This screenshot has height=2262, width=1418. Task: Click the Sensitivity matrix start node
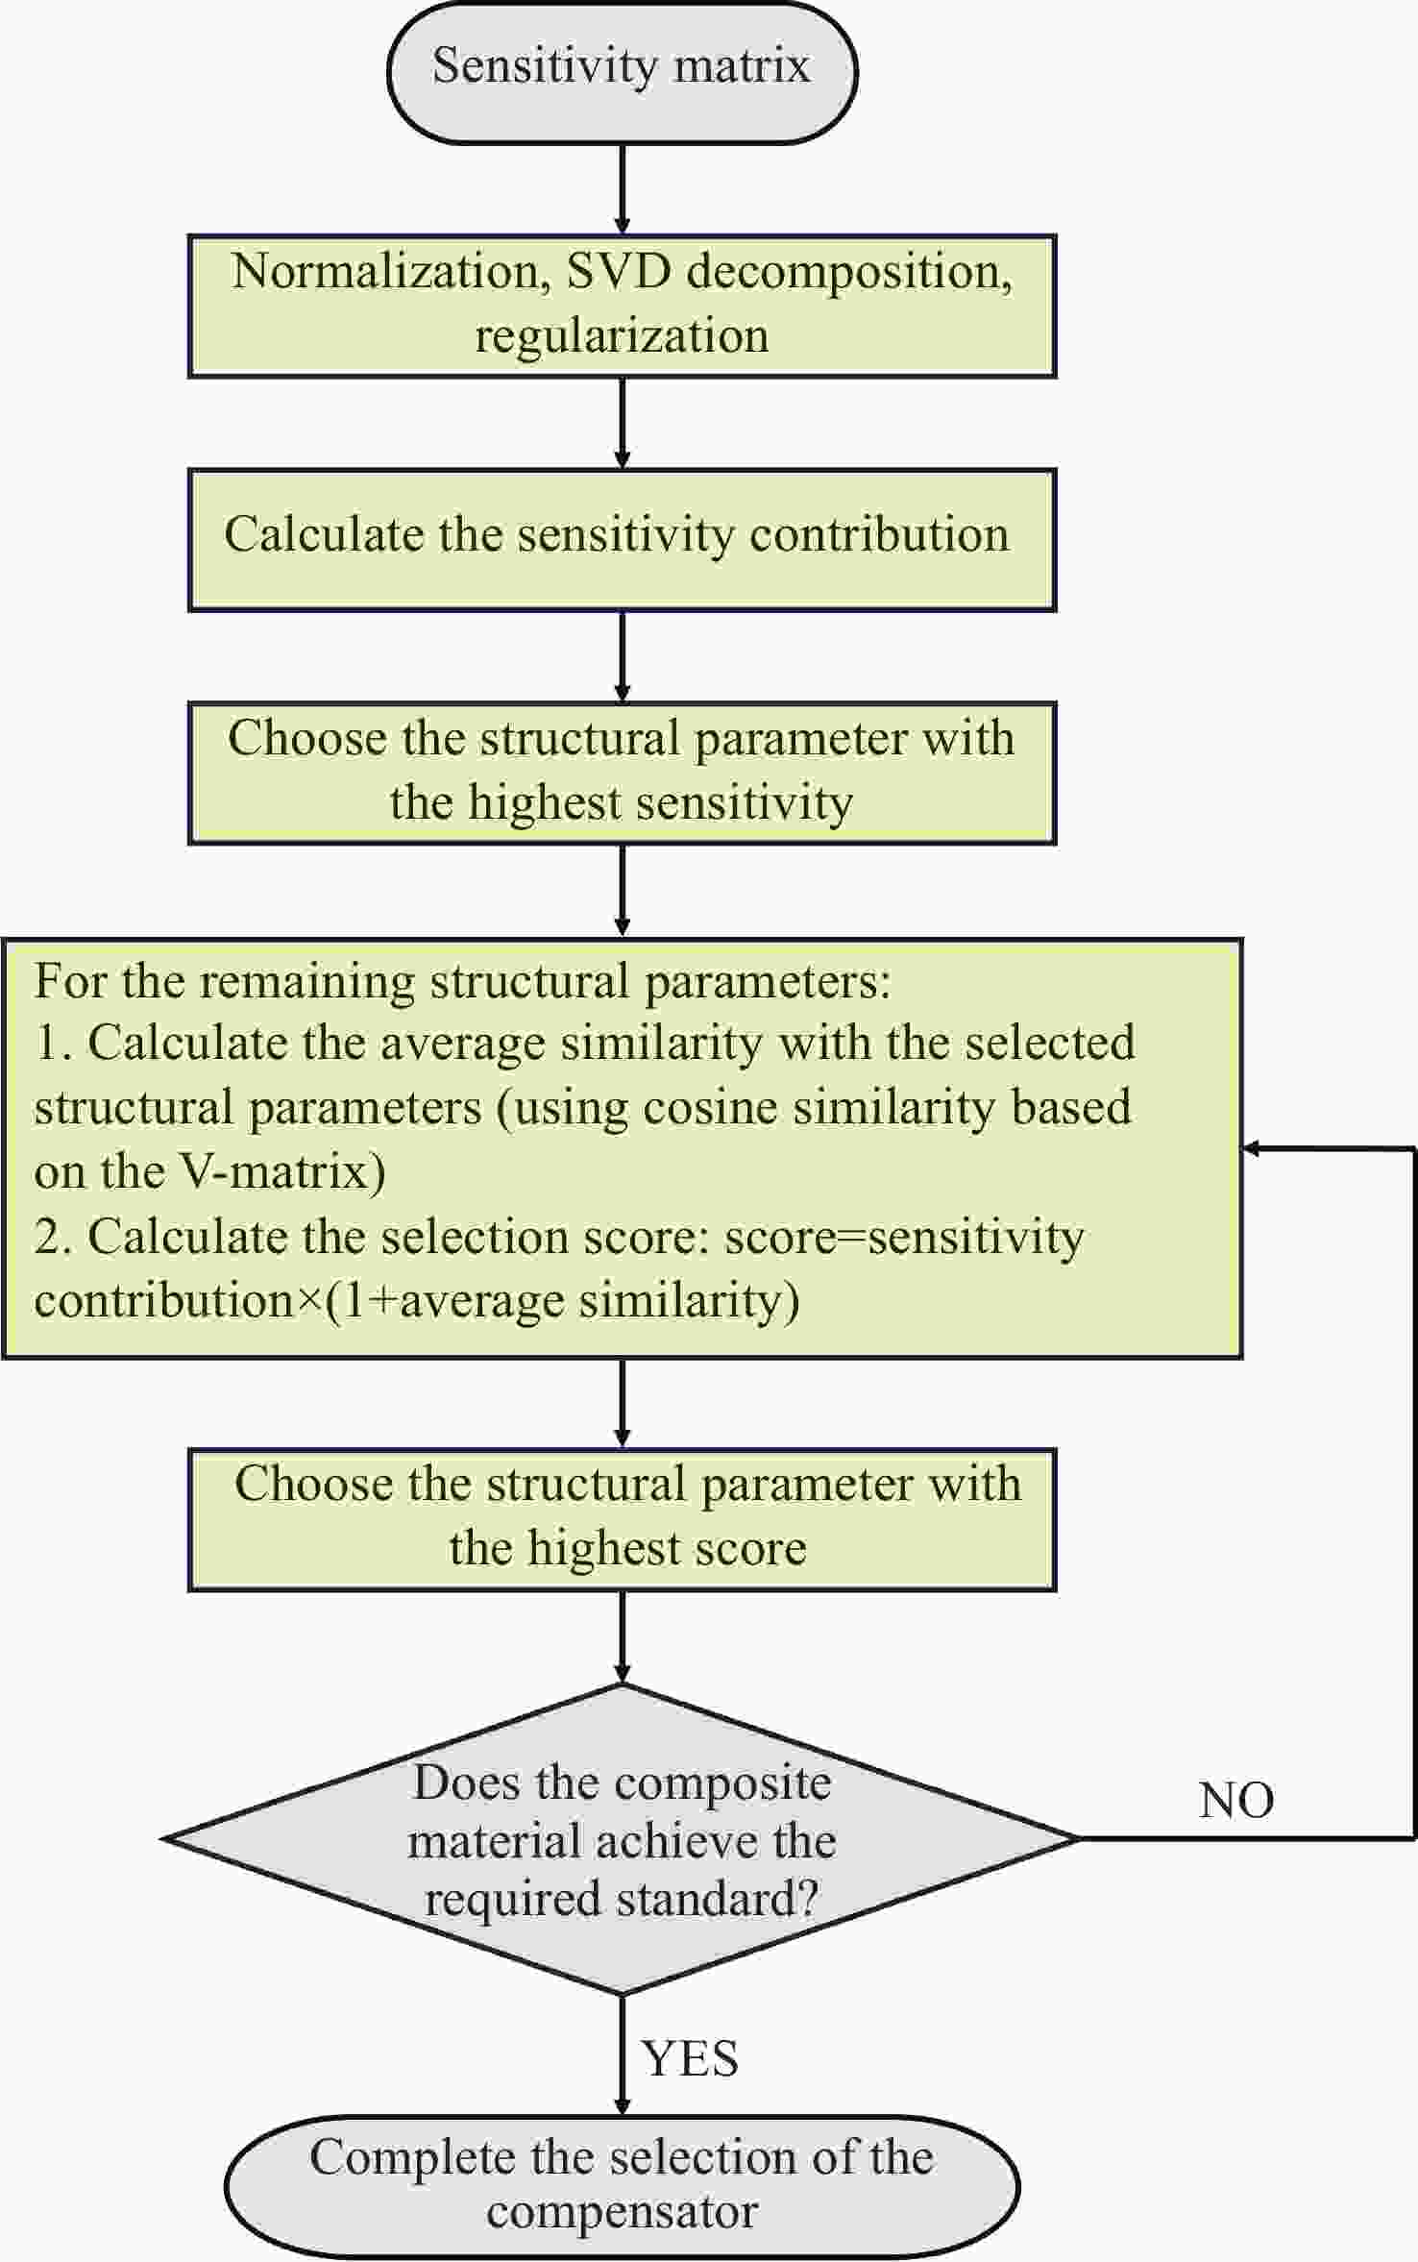click(x=622, y=72)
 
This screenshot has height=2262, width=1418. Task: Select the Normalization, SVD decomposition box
click(x=622, y=306)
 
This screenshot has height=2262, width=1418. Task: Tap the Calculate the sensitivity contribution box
click(x=622, y=540)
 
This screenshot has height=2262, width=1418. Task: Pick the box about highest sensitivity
click(x=622, y=773)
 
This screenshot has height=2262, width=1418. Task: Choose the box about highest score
click(x=622, y=1519)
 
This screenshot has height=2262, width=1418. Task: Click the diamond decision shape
click(x=622, y=1839)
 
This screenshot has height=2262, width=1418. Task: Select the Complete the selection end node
click(x=622, y=2186)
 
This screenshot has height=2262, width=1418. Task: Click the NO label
click(x=1236, y=1800)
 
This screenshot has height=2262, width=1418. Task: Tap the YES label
click(x=691, y=2058)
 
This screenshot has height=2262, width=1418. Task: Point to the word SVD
click(x=619, y=272)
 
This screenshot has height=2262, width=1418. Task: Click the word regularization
click(x=622, y=337)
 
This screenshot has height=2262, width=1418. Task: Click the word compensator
click(x=622, y=2212)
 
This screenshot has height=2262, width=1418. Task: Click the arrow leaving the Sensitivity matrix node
click(x=622, y=189)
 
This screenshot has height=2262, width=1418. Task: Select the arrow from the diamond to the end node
click(x=622, y=2055)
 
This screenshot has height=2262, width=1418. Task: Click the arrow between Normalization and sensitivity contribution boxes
click(x=622, y=424)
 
